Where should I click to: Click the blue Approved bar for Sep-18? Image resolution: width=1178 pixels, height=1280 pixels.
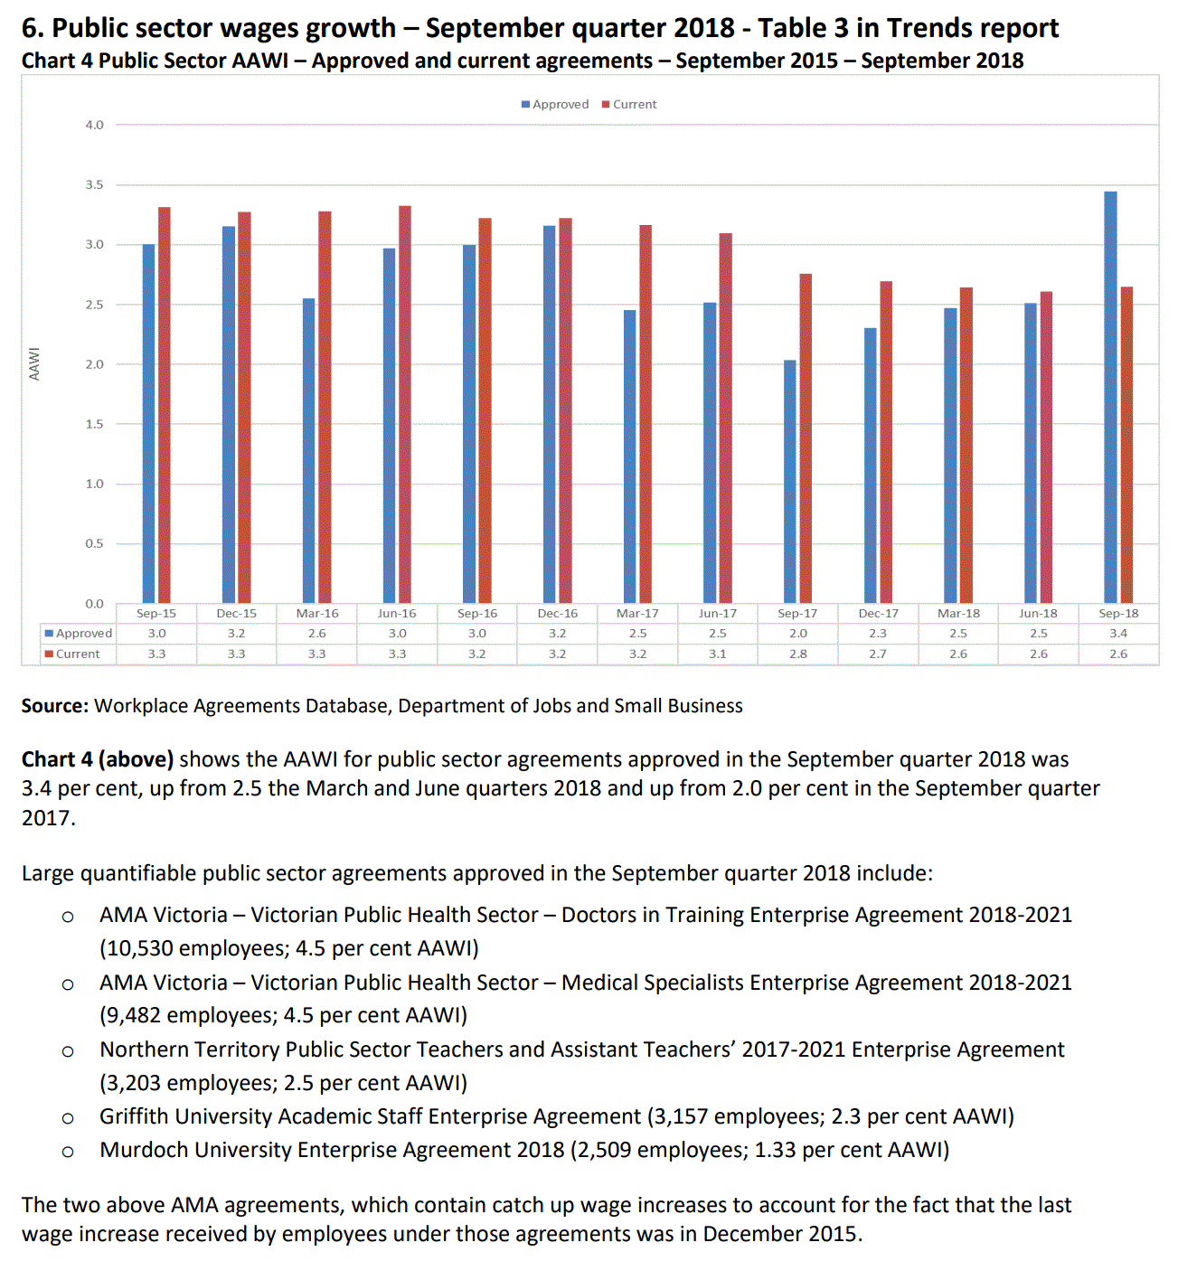(1110, 397)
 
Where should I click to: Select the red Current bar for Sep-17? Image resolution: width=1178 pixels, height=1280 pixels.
(806, 438)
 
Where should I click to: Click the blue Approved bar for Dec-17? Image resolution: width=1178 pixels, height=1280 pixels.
(870, 466)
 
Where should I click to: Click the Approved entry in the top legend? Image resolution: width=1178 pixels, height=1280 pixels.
(555, 105)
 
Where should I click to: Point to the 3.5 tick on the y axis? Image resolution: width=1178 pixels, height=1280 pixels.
(95, 184)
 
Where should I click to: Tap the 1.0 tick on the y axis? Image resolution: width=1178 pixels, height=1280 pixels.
(95, 484)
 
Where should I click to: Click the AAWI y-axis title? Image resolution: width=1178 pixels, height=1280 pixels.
(34, 363)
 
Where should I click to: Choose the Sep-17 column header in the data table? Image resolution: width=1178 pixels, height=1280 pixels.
(797, 614)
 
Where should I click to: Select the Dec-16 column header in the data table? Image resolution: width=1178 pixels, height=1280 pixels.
(557, 614)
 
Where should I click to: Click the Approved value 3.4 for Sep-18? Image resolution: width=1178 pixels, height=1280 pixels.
(1118, 634)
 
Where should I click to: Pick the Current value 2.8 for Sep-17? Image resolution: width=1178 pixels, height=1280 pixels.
(797, 654)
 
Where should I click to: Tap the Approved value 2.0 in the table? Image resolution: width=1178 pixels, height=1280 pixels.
(797, 634)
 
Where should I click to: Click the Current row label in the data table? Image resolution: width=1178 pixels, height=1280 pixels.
(78, 654)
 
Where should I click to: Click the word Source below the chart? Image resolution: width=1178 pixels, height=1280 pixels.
(54, 706)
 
